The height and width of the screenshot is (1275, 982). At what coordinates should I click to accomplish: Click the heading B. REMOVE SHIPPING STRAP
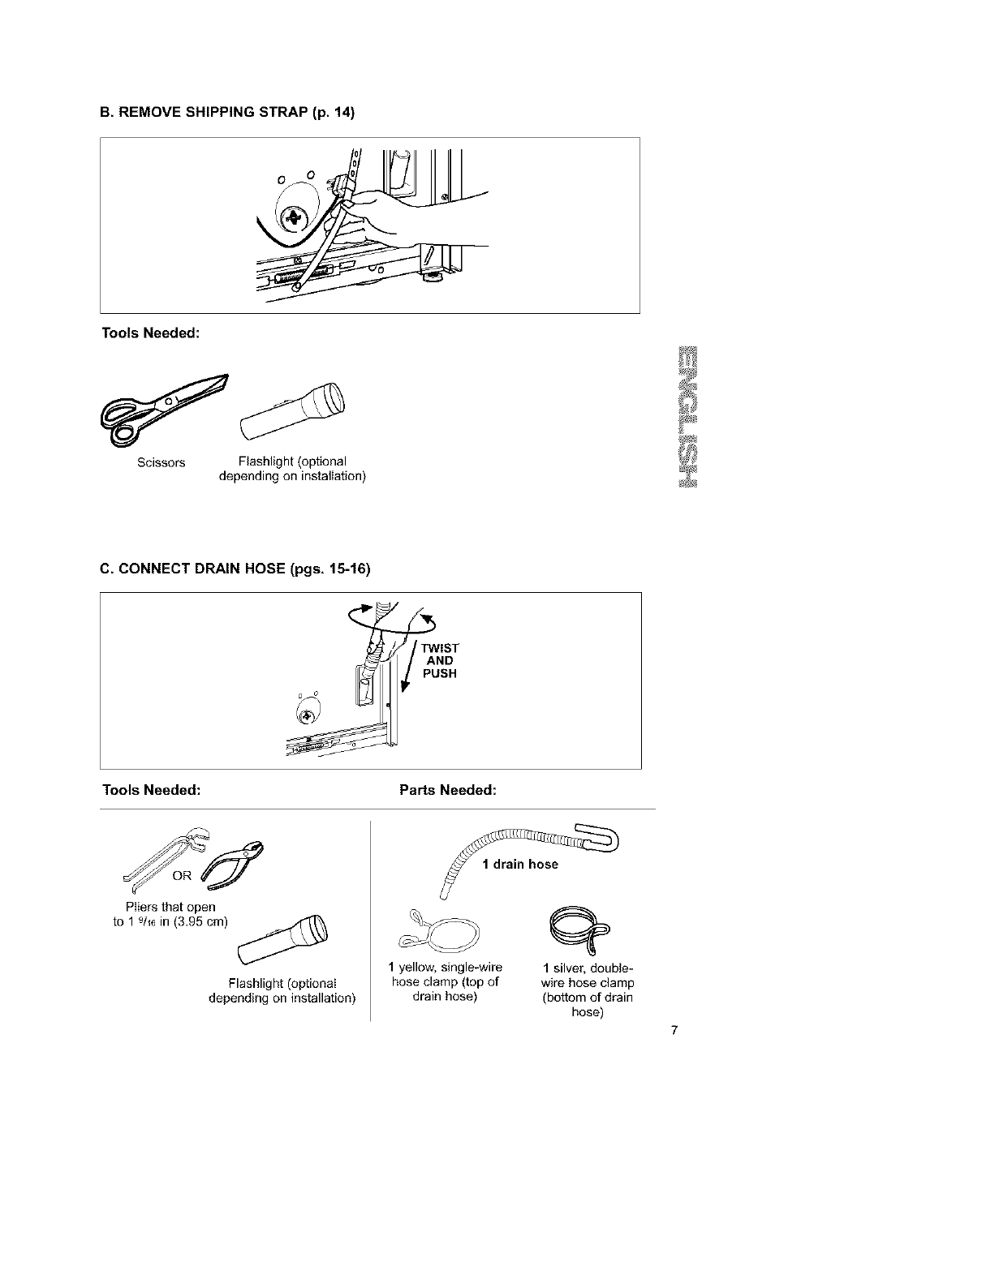point(227,113)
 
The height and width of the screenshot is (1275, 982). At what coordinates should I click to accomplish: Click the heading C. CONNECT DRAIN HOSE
point(235,569)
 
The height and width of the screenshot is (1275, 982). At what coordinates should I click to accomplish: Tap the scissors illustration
point(162,410)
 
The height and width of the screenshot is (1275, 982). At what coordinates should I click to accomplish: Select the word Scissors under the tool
point(161,462)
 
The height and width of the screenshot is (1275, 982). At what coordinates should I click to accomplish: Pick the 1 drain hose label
point(520,864)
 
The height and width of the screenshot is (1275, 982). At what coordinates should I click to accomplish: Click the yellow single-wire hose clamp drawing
point(439,934)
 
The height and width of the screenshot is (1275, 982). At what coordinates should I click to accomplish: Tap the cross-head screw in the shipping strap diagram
point(293,218)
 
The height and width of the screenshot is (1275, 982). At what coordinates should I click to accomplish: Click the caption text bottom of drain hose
point(588,998)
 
